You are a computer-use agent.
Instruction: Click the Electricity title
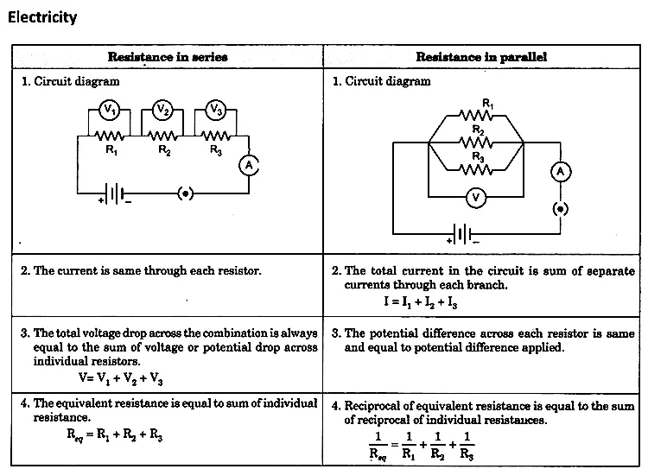[42, 17]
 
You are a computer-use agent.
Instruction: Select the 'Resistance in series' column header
[168, 57]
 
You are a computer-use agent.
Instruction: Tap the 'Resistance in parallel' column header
[481, 57]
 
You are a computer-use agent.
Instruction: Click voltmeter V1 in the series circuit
[109, 110]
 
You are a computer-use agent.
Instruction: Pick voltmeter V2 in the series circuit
[162, 110]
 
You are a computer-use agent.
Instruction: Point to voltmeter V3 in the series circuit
[216, 110]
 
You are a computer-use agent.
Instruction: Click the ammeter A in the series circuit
[249, 166]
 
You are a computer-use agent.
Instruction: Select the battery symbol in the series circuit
[115, 193]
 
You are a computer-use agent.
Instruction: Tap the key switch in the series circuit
[185, 193]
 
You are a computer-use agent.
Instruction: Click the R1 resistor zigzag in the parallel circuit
[476, 115]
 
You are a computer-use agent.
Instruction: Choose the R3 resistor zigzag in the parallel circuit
[476, 169]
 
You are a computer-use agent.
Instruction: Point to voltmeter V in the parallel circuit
[476, 198]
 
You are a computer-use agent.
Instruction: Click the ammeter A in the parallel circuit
[561, 172]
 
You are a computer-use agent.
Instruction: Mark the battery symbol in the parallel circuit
[463, 234]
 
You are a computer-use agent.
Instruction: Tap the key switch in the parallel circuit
[561, 209]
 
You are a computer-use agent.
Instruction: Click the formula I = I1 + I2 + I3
[421, 302]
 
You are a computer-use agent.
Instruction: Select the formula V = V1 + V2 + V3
[121, 378]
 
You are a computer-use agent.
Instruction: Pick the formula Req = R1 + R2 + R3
[115, 434]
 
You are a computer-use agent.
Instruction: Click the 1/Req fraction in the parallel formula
[378, 446]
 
